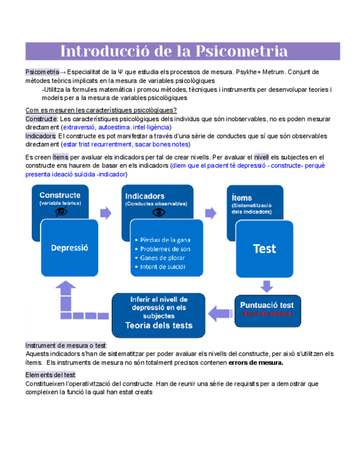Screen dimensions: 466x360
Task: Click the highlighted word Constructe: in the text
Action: point(41,119)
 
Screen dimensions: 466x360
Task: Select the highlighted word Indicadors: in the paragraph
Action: point(41,136)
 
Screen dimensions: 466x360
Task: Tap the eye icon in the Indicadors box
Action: point(158,212)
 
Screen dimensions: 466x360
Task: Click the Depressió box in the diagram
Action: point(70,248)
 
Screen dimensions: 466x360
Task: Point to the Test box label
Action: point(264,248)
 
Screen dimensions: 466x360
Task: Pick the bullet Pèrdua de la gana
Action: point(165,240)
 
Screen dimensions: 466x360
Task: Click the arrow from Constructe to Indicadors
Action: point(105,212)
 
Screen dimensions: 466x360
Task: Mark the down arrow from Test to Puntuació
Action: point(267,286)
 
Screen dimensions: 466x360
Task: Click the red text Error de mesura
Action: point(267,313)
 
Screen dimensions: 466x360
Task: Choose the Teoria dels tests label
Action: point(159,325)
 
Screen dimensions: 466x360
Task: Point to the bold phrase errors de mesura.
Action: point(256,363)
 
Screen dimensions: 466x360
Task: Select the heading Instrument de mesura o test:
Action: point(66,345)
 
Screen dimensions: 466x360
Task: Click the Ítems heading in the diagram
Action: point(242,198)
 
